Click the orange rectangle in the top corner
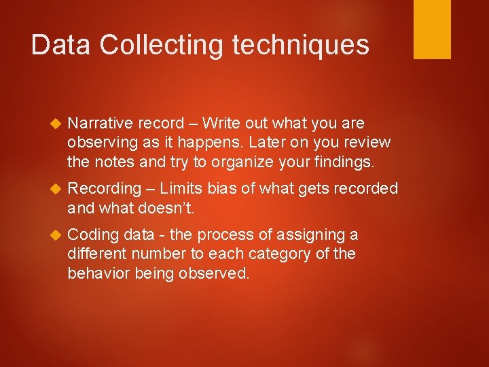[x=432, y=29]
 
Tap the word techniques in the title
[x=301, y=45]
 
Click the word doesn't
[x=166, y=207]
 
